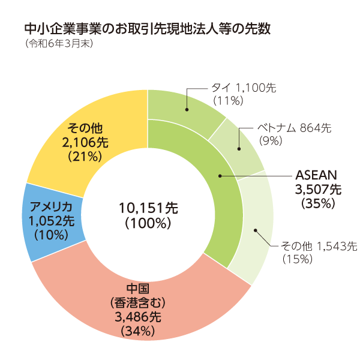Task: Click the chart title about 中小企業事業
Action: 148,29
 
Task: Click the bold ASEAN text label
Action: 317,176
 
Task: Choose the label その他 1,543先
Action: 319,245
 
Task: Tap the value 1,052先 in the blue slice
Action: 51,221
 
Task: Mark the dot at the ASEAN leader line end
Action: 220,176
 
